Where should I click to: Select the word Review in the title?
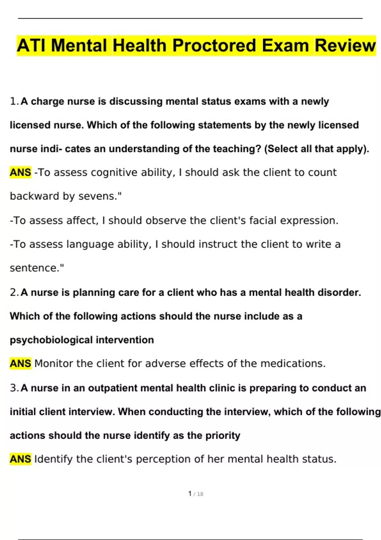(x=345, y=45)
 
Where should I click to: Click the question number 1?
(x=13, y=101)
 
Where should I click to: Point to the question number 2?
(x=13, y=292)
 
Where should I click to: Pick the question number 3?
(x=13, y=388)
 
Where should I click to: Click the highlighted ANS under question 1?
(x=20, y=172)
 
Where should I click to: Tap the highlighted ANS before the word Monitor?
(x=20, y=363)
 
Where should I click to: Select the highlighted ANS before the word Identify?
(x=20, y=459)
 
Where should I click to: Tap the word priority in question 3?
(x=223, y=435)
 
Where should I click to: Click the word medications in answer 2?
(x=293, y=363)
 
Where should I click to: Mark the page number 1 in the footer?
(x=190, y=494)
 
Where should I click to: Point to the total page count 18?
(x=200, y=494)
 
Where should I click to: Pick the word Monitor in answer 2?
(x=54, y=363)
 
